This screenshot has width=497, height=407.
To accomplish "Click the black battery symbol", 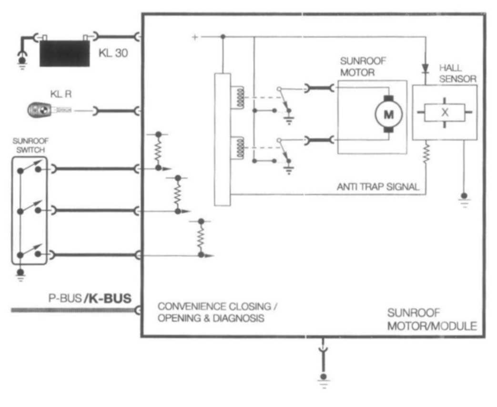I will (x=64, y=53).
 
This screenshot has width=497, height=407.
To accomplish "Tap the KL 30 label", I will (x=113, y=53).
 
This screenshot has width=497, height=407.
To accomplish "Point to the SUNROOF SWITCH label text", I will (x=30, y=145).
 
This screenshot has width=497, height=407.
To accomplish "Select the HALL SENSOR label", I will (x=456, y=73).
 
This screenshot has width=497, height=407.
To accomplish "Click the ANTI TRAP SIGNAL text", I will (x=378, y=187).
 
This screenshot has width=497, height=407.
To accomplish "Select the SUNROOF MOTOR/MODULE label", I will (x=431, y=320).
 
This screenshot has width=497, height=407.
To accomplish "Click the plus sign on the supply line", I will (x=194, y=37).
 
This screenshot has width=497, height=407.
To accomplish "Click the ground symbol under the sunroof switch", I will (x=20, y=275).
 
